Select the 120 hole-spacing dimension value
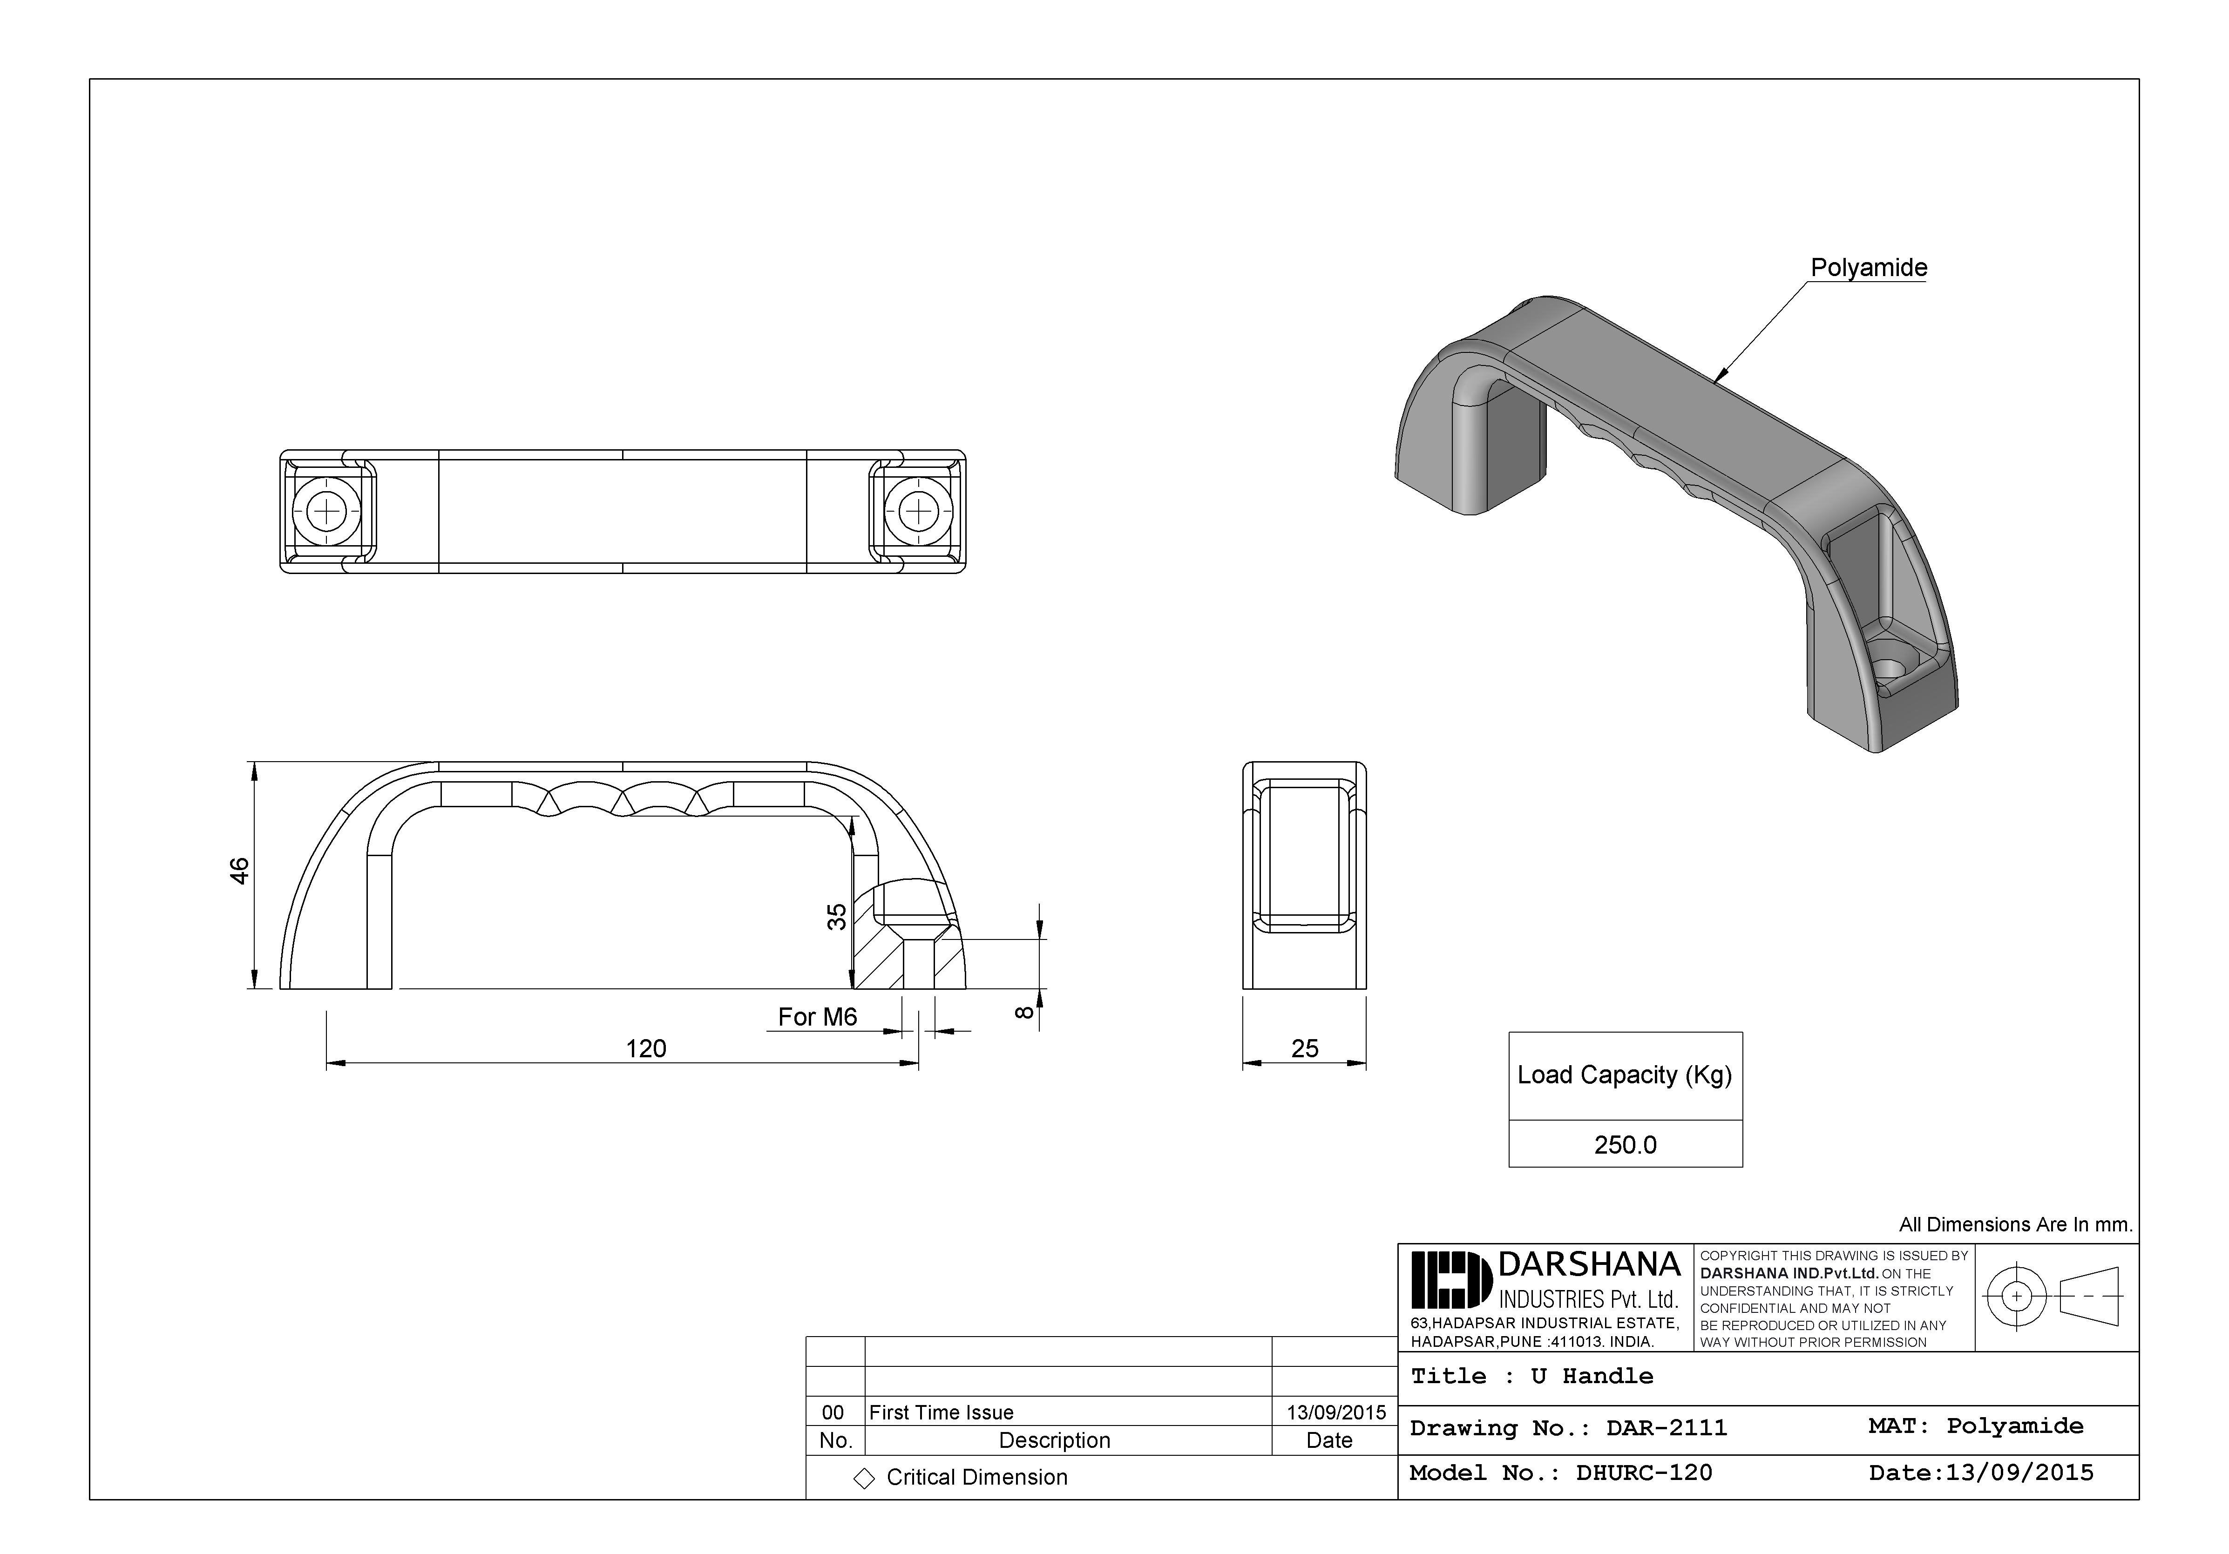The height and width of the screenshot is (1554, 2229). click(x=645, y=1048)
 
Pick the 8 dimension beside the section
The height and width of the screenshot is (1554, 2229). click(x=1022, y=1013)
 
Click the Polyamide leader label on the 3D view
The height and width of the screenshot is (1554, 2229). click(x=1868, y=268)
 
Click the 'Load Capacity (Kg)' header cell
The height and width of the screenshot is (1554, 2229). click(x=1624, y=1075)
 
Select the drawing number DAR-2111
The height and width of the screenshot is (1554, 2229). click(x=1666, y=1428)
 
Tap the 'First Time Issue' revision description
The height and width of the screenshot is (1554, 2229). click(x=941, y=1412)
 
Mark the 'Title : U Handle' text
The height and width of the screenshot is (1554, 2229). click(x=1531, y=1376)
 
